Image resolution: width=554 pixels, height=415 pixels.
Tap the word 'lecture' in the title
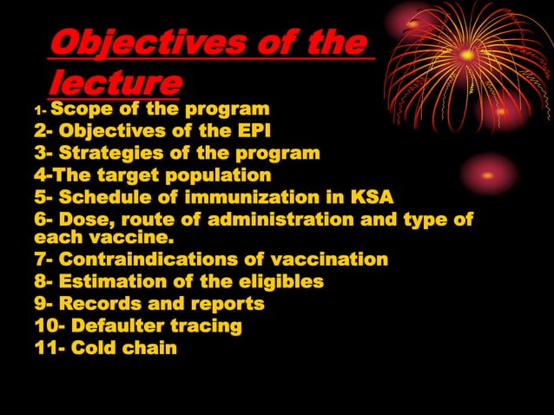pyautogui.click(x=115, y=83)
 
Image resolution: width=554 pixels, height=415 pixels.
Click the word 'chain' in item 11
pyautogui.click(x=148, y=349)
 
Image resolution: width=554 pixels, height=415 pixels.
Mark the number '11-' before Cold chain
pyautogui.click(x=49, y=349)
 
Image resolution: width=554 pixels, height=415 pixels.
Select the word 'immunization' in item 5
pyautogui.click(x=264, y=197)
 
